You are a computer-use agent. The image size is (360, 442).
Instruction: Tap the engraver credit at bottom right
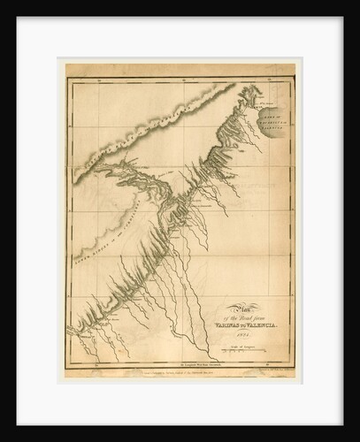tap(270, 371)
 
